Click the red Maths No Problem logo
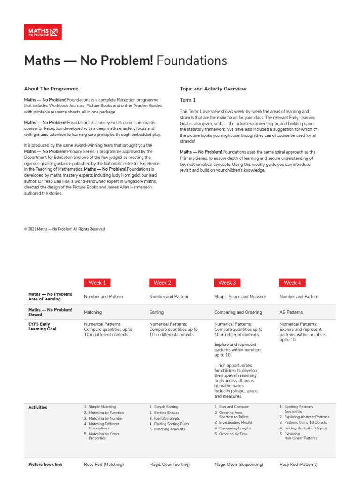pyautogui.click(x=43, y=32)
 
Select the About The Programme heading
pyautogui.click(x=52, y=89)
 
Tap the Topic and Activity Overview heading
pyautogui.click(x=214, y=89)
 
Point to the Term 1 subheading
pyautogui.click(x=188, y=100)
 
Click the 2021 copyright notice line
pyautogui.click(x=64, y=229)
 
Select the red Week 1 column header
pyautogui.click(x=97, y=283)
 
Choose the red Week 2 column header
pyautogui.click(x=162, y=283)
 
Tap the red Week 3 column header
pyautogui.click(x=227, y=283)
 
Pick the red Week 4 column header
pyautogui.click(x=292, y=283)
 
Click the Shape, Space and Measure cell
pyautogui.click(x=240, y=297)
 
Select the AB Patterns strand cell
pyautogui.click(x=291, y=312)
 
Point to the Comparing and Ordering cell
pyautogui.click(x=238, y=312)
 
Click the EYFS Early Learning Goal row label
pyautogui.click(x=42, y=327)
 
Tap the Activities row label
pyautogui.click(x=37, y=408)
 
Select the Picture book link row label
pyautogui.click(x=45, y=465)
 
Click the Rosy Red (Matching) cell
pyautogui.click(x=104, y=465)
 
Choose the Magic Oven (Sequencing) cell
pyautogui.click(x=239, y=465)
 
